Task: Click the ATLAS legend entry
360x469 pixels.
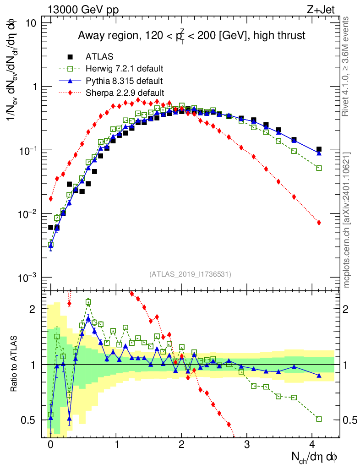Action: pyautogui.click(x=99, y=57)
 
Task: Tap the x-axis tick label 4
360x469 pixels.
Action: pyautogui.click(x=312, y=445)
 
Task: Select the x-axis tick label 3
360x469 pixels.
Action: pyautogui.click(x=247, y=445)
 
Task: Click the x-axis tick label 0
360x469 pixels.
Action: pyautogui.click(x=50, y=445)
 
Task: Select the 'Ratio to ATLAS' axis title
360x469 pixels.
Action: pyautogui.click(x=15, y=364)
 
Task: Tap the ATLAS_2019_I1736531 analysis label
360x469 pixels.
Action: pyautogui.click(x=190, y=274)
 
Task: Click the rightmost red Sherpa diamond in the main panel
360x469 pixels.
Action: pyautogui.click(x=319, y=223)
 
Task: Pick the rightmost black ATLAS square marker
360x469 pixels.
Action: pyautogui.click(x=319, y=149)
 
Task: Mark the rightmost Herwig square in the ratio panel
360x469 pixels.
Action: pyautogui.click(x=319, y=419)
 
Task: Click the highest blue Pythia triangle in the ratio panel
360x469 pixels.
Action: pyautogui.click(x=88, y=319)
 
